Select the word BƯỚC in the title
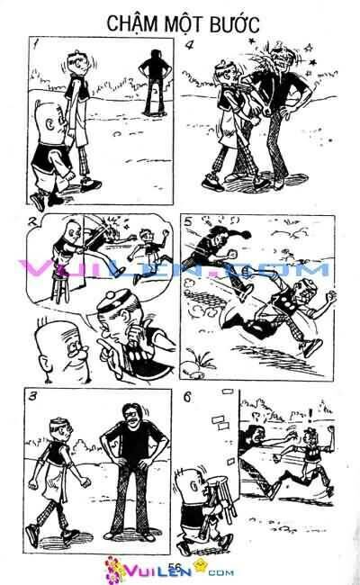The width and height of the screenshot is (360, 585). coord(229,22)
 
